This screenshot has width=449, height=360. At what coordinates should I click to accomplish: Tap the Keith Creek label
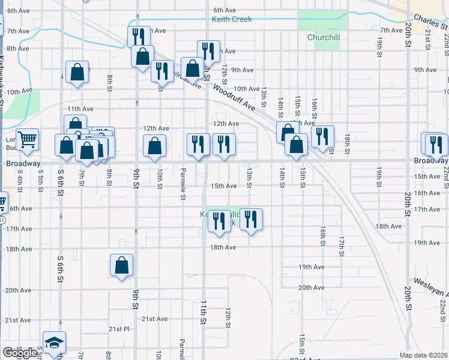coord(232,19)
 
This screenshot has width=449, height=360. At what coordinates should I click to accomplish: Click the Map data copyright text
coord(423,355)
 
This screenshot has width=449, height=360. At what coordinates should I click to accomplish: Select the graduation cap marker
coord(54,342)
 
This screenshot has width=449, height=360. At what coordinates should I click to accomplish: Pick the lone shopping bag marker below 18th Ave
coord(121,266)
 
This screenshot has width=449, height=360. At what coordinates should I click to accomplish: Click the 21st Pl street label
coord(119,329)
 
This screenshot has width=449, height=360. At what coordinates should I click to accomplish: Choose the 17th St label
coord(340,246)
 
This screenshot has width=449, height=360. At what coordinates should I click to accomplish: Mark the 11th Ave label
coord(80,109)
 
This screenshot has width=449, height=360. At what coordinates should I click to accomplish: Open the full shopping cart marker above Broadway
coord(27,140)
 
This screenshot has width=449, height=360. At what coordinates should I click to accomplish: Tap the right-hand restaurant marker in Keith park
coord(251,220)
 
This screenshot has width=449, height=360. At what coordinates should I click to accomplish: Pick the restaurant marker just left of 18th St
coord(322,137)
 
